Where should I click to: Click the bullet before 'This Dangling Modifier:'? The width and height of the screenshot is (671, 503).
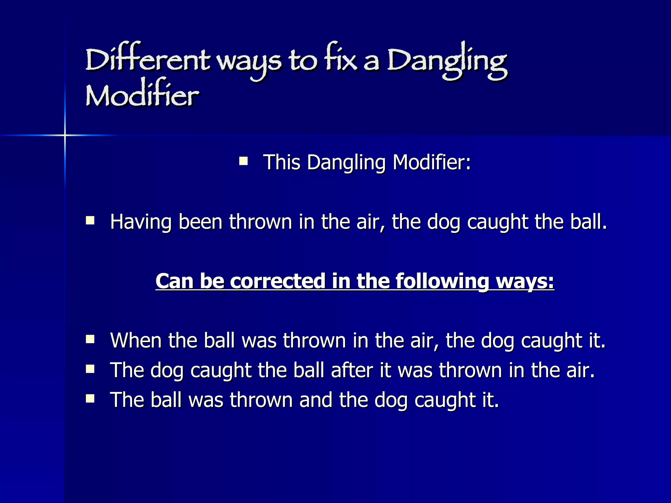tap(243, 161)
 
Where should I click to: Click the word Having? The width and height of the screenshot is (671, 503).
tap(141, 222)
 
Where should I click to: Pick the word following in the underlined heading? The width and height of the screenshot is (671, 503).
tap(442, 281)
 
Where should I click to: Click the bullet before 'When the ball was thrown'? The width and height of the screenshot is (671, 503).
tap(90, 339)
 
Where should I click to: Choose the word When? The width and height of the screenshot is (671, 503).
tap(136, 341)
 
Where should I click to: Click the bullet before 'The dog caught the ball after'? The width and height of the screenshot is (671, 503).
tap(90, 369)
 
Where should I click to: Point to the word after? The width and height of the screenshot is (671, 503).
tap(352, 370)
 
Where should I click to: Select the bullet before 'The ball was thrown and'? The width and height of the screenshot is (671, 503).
tap(90, 398)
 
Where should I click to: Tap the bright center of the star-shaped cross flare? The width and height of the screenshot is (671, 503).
tap(65, 135)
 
